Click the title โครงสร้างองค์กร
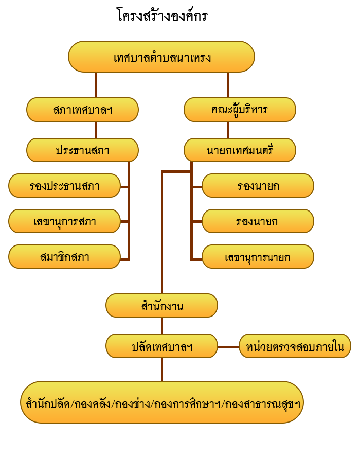[162, 15]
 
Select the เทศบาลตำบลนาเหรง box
[161, 56]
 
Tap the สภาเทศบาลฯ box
[83, 110]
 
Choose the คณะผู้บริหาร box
[240, 110]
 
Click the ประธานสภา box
[83, 150]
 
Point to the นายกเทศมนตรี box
[240, 150]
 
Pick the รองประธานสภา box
[64, 186]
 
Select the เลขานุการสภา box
[64, 221]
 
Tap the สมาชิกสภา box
[64, 257]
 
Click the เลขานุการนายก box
[258, 257]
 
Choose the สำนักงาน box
[162, 305]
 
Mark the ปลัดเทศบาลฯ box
[162, 346]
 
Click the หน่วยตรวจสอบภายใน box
[295, 346]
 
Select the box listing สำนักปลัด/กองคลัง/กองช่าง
[162, 402]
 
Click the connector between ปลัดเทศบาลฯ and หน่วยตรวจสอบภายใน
[228, 347]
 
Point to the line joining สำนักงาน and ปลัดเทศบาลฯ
[162, 326]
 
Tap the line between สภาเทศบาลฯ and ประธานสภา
[96, 130]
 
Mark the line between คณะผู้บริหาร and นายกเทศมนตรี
[228, 130]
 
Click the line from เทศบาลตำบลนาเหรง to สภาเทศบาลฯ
[96, 85]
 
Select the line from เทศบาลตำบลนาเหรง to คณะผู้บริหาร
[228, 85]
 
